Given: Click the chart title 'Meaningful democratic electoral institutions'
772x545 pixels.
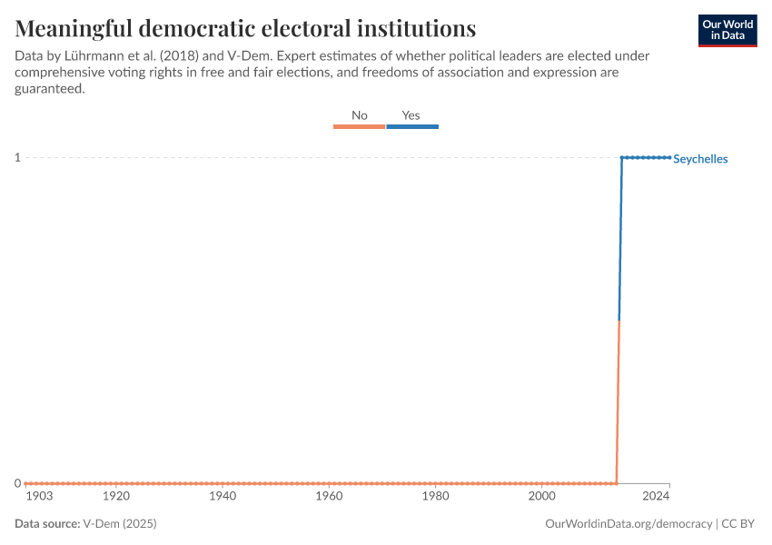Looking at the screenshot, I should (245, 27).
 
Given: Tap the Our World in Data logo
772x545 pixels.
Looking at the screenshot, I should (727, 30).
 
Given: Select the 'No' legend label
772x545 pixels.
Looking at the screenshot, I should (360, 115).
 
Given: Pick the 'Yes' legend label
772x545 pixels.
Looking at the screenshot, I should (411, 115).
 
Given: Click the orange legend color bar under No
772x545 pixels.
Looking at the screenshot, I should (360, 127).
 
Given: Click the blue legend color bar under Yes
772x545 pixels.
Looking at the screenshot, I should (412, 127).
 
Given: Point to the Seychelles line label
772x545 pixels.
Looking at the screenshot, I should (700, 159).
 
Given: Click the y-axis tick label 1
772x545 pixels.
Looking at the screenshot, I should (17, 158).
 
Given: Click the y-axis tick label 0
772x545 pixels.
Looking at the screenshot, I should (17, 483).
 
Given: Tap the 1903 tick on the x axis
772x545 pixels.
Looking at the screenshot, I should (39, 497).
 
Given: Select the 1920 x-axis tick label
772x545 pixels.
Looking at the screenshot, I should (116, 497).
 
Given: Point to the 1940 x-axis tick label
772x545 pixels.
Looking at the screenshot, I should (223, 497).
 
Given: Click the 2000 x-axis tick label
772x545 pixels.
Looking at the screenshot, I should (542, 497).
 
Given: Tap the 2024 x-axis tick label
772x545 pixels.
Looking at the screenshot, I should (656, 497).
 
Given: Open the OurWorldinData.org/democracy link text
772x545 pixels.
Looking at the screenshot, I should (628, 524).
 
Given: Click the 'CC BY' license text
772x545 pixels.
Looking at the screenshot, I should (739, 524).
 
